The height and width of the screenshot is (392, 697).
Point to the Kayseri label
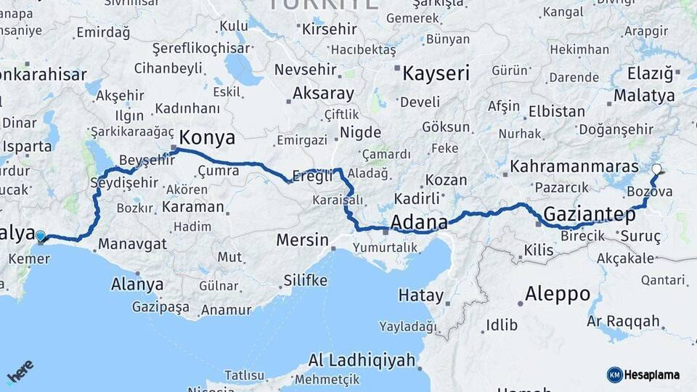[x=436, y=73]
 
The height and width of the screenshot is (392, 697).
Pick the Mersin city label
[x=302, y=240]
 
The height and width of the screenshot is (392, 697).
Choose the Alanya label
[x=137, y=284]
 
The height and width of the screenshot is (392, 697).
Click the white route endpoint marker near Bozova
[x=656, y=169]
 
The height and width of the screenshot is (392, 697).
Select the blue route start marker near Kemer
[x=41, y=236]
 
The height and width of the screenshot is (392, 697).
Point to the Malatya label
[x=643, y=95]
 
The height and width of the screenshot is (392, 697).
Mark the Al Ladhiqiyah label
[x=362, y=360]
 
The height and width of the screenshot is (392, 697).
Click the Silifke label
[x=305, y=280]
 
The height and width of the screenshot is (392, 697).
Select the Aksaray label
[x=323, y=94]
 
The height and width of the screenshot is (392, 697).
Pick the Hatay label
[x=420, y=295]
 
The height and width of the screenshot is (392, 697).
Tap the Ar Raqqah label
[x=623, y=320]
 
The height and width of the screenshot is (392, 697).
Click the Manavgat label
[x=132, y=244]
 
